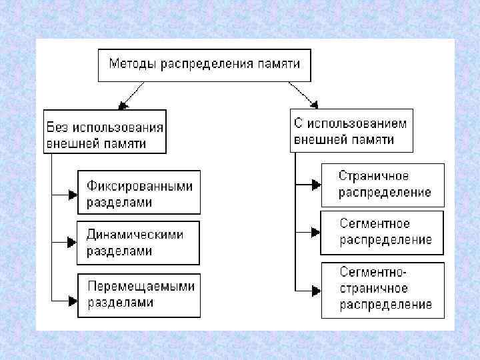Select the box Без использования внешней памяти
(105, 132)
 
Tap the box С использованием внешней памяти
(351, 131)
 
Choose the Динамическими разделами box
(138, 243)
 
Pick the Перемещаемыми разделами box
(138, 294)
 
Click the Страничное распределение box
(382, 184)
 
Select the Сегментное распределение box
(382, 232)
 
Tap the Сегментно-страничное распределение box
(382, 289)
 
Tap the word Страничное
(373, 176)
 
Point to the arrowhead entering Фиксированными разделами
(73, 194)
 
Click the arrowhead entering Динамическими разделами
(73, 242)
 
